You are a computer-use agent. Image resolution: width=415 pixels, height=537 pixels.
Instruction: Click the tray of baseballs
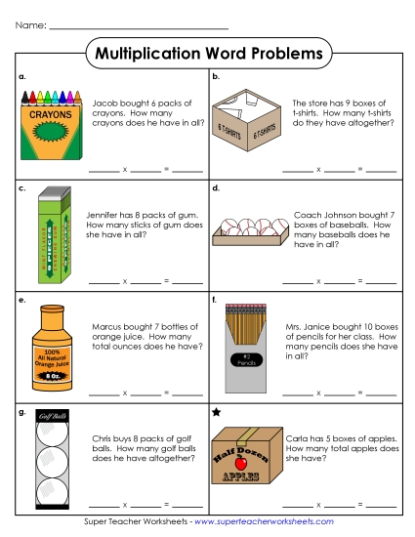click(248, 235)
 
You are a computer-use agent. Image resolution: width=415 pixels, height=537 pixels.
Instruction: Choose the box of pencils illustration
click(248, 340)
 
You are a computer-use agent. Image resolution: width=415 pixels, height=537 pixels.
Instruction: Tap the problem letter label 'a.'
click(23, 75)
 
